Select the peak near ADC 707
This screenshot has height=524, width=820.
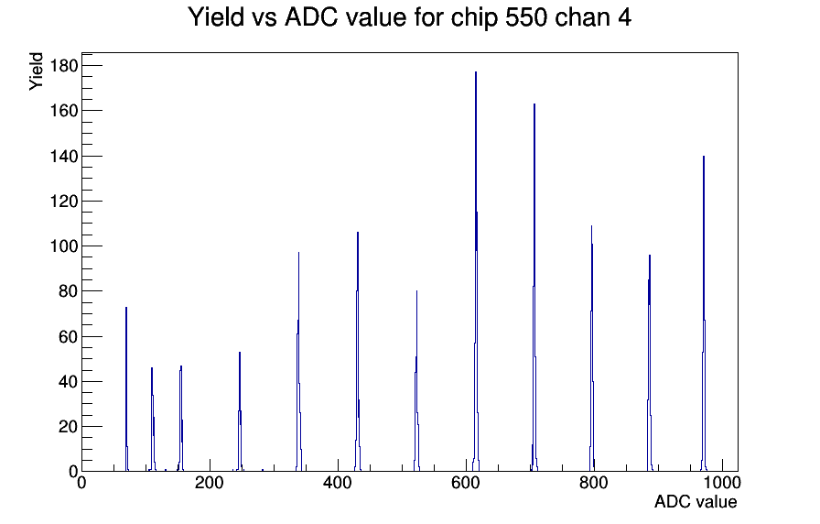tap(534, 288)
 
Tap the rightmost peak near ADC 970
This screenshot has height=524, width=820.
tap(704, 314)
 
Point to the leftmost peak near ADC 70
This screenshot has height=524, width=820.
tap(126, 389)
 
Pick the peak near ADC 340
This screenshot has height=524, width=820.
tap(298, 362)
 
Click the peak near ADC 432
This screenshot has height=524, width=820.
tap(358, 352)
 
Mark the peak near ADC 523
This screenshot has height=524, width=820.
tap(416, 381)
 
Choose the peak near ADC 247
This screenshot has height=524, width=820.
tap(240, 412)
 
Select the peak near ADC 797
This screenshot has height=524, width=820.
tap(591, 349)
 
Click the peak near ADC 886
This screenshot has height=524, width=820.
tap(650, 364)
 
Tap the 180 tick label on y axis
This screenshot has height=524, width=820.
tap(64, 65)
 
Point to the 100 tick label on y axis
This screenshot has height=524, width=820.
tap(64, 246)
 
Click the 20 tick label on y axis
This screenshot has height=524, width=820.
tap(68, 427)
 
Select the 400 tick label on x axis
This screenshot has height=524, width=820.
tap(338, 482)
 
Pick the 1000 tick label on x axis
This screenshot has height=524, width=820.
tap(722, 482)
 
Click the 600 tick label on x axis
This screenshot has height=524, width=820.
tap(466, 482)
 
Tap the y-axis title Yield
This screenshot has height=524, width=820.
tap(36, 71)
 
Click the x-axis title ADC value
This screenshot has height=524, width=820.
tap(696, 502)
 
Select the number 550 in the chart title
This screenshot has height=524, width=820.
tap(526, 17)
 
